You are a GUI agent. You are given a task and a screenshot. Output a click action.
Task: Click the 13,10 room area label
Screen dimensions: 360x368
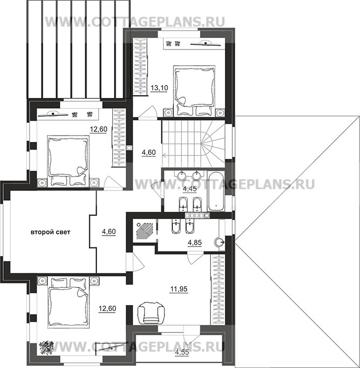click(159, 88)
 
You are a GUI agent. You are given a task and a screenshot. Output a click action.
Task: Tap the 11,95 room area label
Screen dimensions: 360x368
click(179, 289)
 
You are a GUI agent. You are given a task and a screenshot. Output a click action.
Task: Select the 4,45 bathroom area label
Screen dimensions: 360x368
click(189, 189)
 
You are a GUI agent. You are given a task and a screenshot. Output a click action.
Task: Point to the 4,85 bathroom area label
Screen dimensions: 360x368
click(195, 243)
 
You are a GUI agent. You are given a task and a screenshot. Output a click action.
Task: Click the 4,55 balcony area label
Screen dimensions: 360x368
click(182, 352)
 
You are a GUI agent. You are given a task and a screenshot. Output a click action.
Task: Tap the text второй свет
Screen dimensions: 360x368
click(51, 232)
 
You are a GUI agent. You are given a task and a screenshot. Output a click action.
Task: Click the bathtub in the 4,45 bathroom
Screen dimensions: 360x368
click(216, 191)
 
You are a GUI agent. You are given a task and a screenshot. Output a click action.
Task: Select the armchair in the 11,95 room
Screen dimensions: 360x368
click(151, 313)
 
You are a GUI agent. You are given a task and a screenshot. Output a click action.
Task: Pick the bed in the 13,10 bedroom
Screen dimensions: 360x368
click(194, 90)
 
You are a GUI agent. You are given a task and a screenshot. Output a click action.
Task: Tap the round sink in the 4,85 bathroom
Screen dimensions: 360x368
click(219, 242)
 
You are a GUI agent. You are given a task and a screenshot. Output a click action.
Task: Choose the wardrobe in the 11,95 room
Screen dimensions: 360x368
click(218, 289)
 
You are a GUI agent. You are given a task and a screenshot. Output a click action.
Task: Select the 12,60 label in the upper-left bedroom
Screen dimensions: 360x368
click(98, 129)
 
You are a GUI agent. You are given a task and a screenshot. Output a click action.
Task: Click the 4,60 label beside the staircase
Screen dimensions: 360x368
click(149, 153)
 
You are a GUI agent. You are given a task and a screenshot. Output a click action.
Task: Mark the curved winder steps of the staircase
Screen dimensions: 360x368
click(213, 144)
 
